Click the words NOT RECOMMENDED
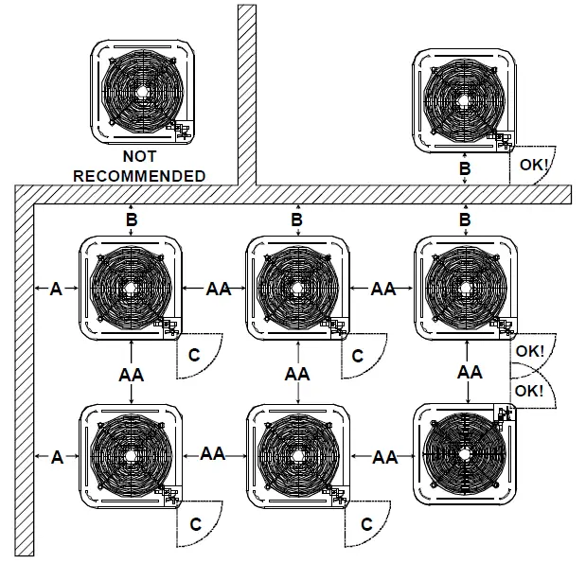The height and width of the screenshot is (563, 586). (x=139, y=167)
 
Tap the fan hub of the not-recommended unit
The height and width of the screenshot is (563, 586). (x=141, y=92)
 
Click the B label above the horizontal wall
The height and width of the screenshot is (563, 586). (x=465, y=167)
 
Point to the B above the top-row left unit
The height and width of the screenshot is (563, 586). (x=131, y=220)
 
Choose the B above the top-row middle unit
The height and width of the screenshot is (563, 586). (x=297, y=220)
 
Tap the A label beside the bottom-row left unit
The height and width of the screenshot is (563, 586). (x=56, y=457)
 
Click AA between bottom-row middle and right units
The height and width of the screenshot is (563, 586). (x=383, y=457)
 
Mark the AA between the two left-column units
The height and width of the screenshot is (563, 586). (x=131, y=375)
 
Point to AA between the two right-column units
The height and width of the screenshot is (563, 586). (x=470, y=372)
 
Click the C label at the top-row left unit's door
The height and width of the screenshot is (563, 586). (x=195, y=356)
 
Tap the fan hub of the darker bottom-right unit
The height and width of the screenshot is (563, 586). (x=465, y=458)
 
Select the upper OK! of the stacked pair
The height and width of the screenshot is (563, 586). (x=530, y=351)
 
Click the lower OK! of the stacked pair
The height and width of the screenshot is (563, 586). (x=530, y=391)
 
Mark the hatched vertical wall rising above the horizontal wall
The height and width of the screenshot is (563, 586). (x=246, y=95)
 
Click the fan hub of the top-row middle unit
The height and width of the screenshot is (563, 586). (x=296, y=289)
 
